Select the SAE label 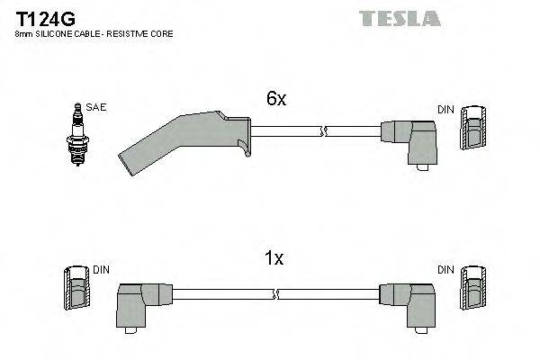coord(97,107)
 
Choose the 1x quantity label coord(274,259)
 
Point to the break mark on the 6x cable coord(320,131)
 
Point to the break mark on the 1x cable coord(277,293)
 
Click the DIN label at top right coord(445,109)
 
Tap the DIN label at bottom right coord(445,268)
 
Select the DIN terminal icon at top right coord(473,130)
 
